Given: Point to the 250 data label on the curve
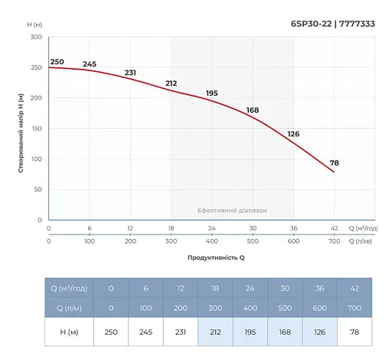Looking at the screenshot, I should (x=57, y=61).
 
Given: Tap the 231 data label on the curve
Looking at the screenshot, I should (x=130, y=73).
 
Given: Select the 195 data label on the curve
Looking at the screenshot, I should (x=212, y=93).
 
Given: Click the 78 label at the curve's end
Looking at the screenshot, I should (x=335, y=162).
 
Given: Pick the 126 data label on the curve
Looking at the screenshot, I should (x=293, y=134).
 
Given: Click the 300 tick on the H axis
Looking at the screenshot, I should (x=36, y=37).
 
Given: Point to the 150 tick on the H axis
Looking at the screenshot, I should (x=36, y=129).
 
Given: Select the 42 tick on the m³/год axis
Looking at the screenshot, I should (x=334, y=229).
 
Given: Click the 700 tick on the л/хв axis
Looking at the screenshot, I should (x=334, y=241).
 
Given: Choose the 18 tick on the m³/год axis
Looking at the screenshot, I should (x=171, y=229).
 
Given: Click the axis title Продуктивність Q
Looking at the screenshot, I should (x=216, y=257).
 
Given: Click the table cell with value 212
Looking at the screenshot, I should (x=215, y=332).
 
